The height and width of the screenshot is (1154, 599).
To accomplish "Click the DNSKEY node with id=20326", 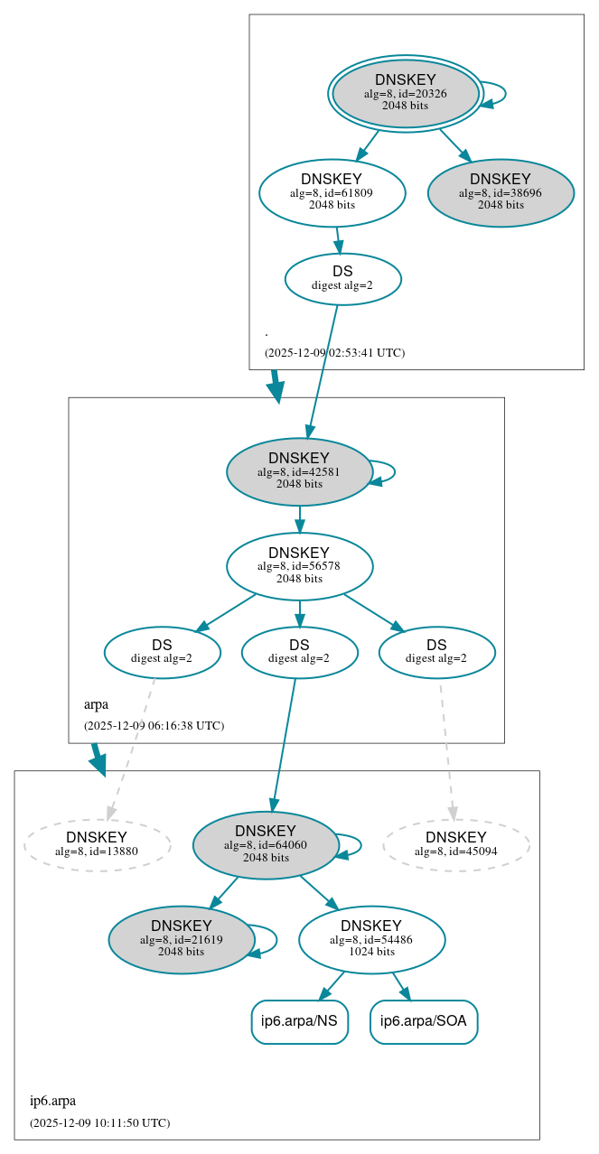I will coord(405,93).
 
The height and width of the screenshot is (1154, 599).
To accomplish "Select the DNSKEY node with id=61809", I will coord(332,192).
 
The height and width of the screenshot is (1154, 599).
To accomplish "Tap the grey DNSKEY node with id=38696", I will coord(501,192).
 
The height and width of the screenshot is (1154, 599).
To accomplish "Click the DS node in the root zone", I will coord(342,278).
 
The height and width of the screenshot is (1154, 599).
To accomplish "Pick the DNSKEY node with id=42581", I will coord(299,471).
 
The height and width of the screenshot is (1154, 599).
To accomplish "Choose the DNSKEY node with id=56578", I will coord(299,566).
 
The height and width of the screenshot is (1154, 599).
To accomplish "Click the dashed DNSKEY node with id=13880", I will coord(97,844).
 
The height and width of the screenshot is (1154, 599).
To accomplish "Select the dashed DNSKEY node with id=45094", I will coord(456,844).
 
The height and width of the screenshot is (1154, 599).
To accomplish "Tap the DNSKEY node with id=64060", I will coord(266,844).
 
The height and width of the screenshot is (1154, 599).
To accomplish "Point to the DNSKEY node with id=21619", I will coord(182,939).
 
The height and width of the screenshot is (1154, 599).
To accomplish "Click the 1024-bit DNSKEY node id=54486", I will coord(371,939).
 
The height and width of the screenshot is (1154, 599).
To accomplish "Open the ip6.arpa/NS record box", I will coord(299,1021).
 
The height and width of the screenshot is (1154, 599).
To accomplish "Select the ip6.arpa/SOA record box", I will coord(424,1021).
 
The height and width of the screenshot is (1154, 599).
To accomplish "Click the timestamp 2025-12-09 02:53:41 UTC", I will coord(334,353).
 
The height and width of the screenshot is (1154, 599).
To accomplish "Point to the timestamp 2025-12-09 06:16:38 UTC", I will coord(154,726).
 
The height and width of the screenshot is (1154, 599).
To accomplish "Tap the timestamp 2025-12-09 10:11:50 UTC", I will coord(99,1123).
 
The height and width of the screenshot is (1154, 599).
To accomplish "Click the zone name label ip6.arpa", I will coord(52,1101).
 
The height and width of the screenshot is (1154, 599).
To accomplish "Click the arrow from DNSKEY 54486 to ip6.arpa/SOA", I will coord(401,986).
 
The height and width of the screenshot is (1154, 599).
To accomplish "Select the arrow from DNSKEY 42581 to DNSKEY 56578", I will coord(299,519).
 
